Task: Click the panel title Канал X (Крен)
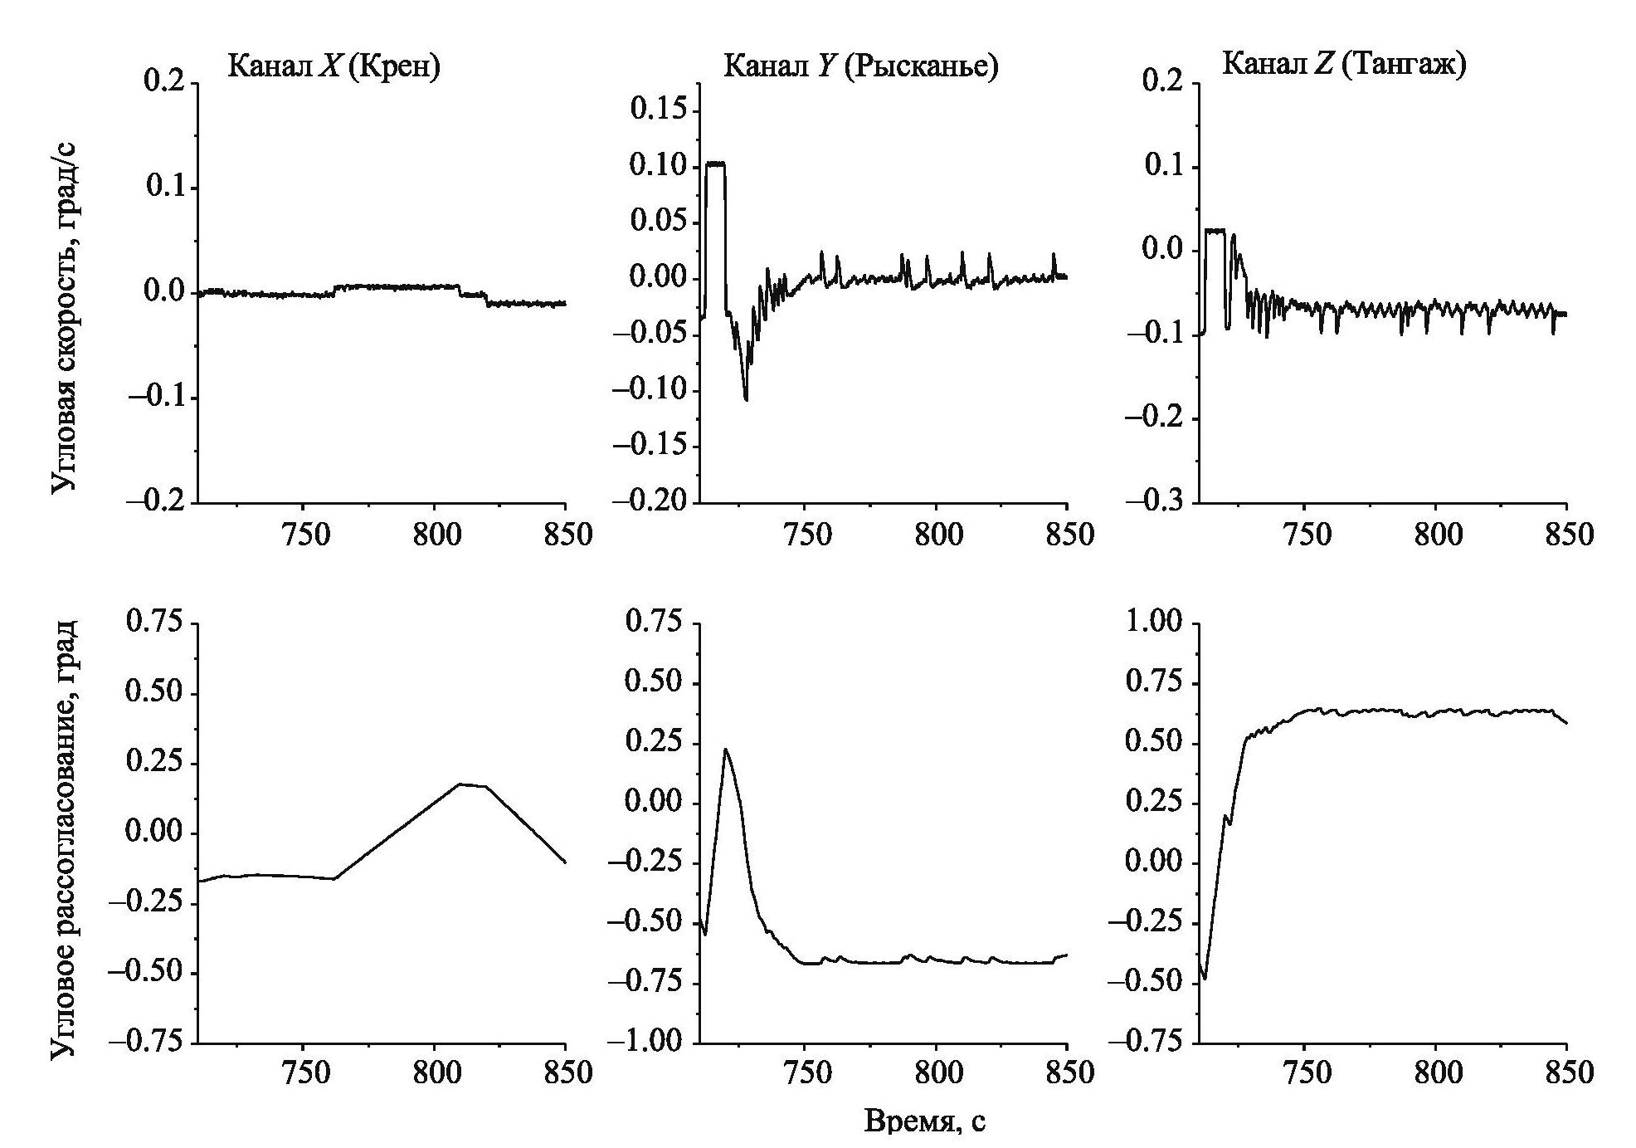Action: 334,66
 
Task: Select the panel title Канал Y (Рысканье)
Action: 860,66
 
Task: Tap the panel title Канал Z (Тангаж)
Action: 1344,64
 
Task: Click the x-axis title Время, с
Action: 925,1121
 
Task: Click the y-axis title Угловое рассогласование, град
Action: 64,838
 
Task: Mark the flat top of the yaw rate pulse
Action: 715,164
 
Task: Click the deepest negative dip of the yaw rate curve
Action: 746,399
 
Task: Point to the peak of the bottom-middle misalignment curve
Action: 725,750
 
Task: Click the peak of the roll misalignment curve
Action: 461,784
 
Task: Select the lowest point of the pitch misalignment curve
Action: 1204,979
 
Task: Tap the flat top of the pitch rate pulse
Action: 1215,230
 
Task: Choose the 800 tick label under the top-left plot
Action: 435,535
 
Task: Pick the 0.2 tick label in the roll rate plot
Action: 167,83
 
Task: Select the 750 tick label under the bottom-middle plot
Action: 806,1072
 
